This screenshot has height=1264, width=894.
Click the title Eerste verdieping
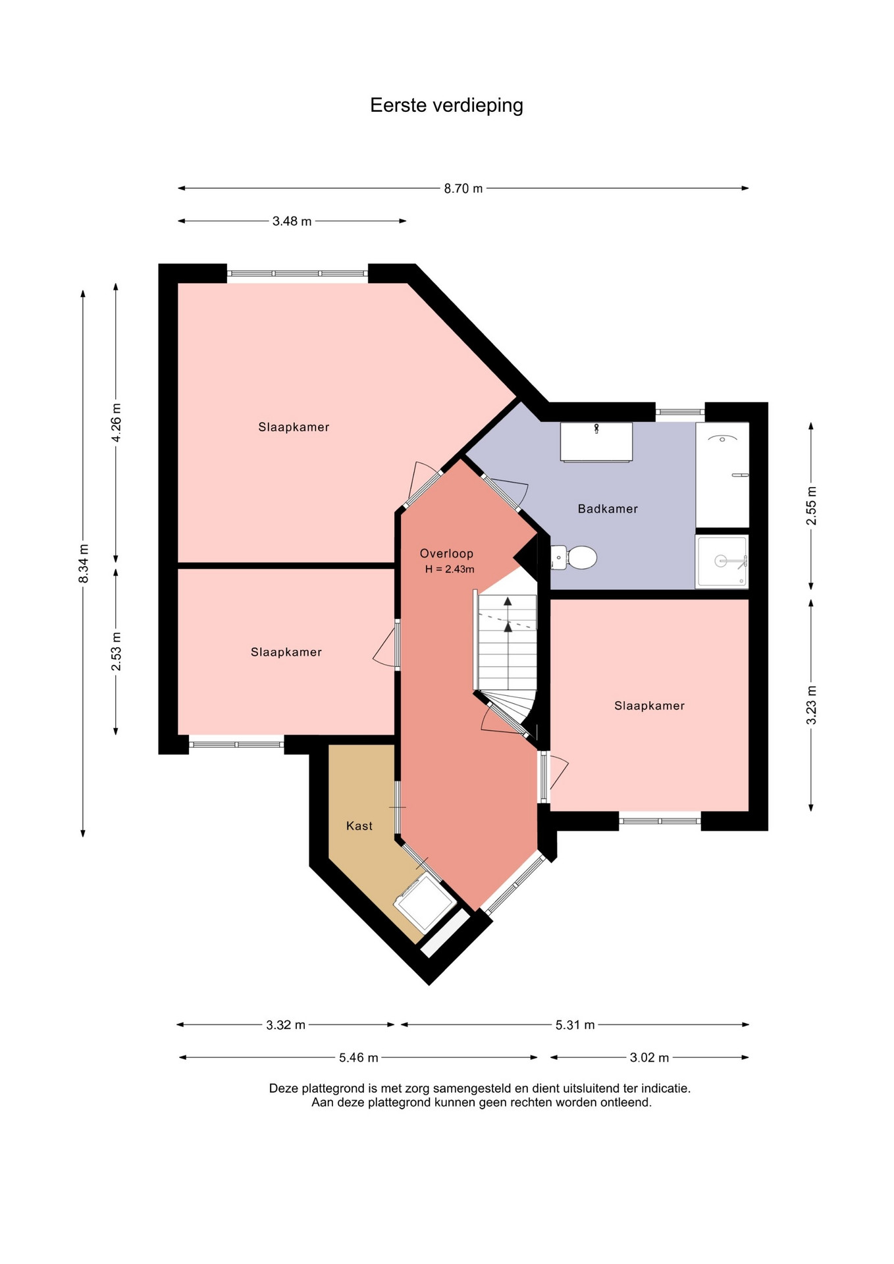(x=446, y=105)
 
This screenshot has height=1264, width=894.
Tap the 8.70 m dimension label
(x=463, y=188)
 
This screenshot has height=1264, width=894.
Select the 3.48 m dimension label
(x=292, y=221)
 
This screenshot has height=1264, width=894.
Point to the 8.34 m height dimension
(x=84, y=564)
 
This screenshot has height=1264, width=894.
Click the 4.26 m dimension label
(x=117, y=422)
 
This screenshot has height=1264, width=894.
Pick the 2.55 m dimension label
(x=812, y=506)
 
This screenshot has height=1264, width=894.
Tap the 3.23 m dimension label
(x=812, y=705)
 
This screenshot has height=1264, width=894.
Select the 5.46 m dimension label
(x=359, y=1058)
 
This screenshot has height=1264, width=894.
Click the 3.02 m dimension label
(x=649, y=1058)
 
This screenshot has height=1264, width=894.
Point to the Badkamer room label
(x=608, y=509)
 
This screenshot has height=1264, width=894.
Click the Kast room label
(x=359, y=826)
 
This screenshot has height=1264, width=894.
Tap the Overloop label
(x=446, y=554)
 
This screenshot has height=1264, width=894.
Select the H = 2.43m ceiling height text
(x=450, y=569)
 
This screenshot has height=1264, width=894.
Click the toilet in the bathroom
(x=574, y=558)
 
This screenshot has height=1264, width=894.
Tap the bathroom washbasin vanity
(x=596, y=442)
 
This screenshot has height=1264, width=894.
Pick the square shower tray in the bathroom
(x=722, y=561)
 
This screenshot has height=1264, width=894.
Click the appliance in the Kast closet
(x=425, y=902)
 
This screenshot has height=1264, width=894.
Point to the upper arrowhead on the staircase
(x=508, y=601)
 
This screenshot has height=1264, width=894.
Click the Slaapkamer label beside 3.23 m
(x=650, y=706)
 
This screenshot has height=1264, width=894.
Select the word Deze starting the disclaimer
(x=284, y=1089)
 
